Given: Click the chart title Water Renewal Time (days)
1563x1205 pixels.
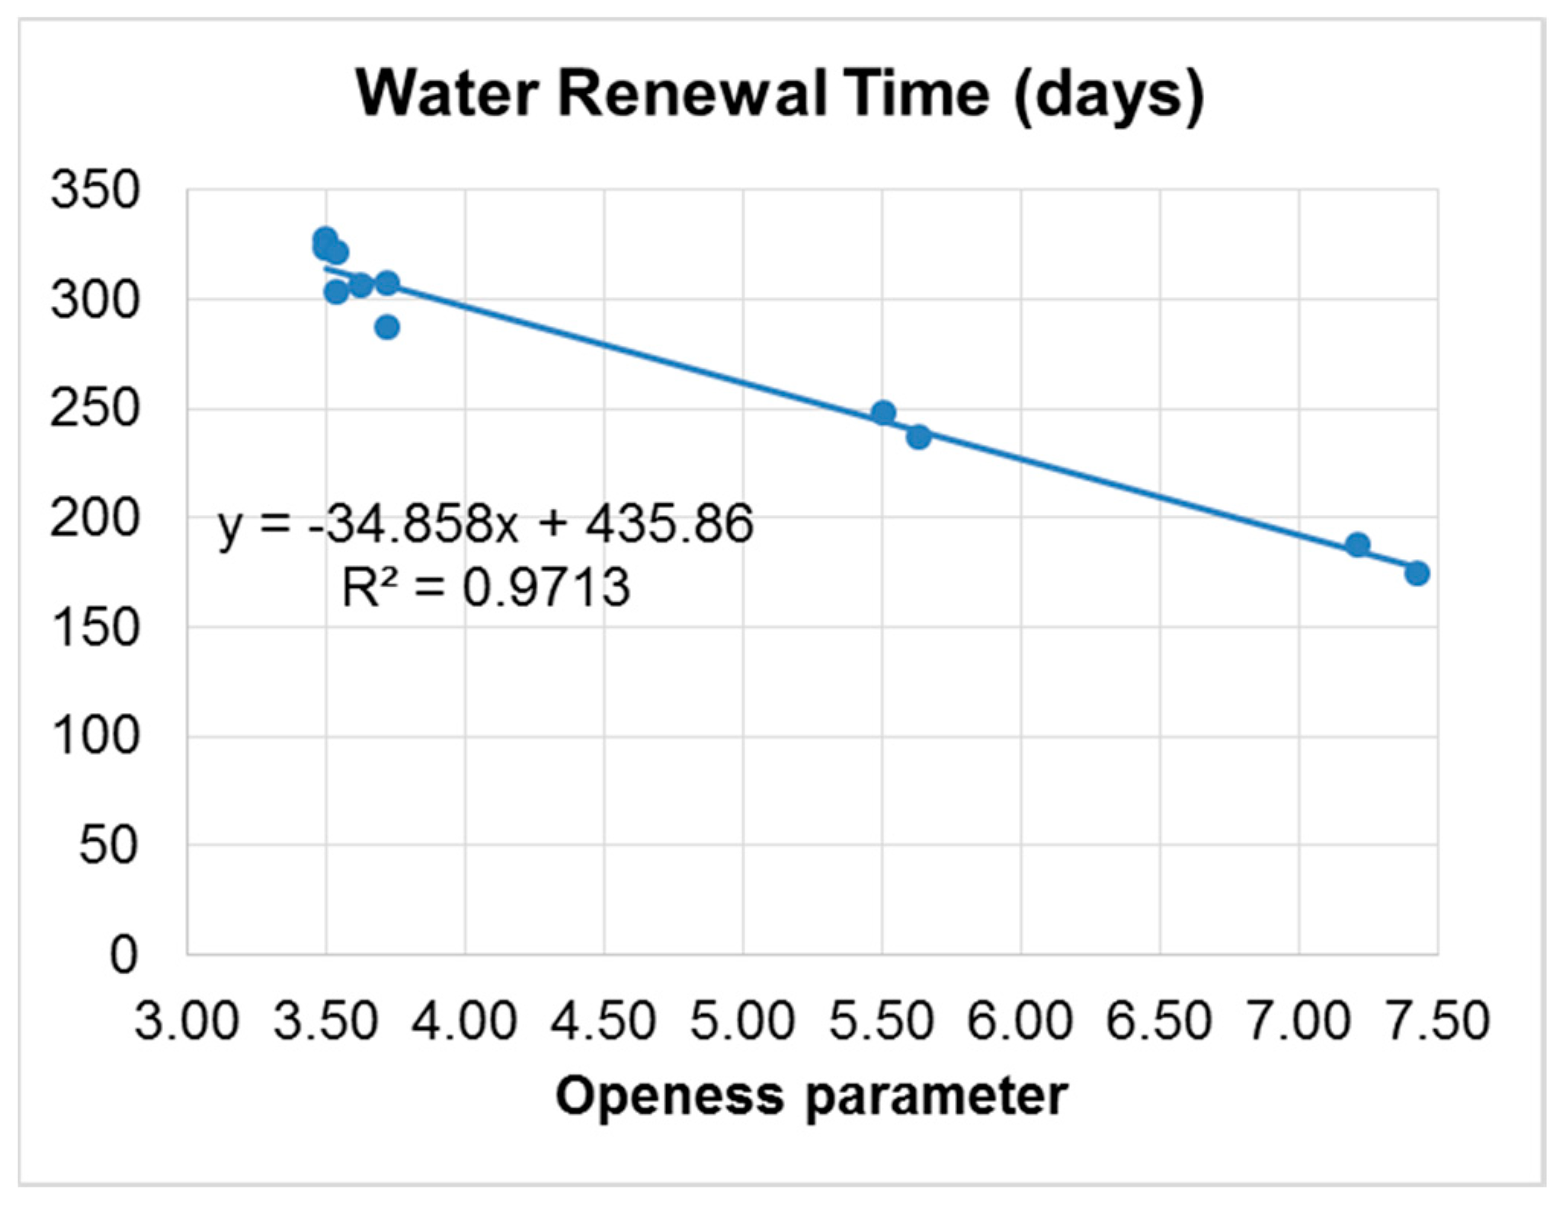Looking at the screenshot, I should pyautogui.click(x=780, y=94).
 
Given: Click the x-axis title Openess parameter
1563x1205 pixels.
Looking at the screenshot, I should pyautogui.click(x=811, y=1097).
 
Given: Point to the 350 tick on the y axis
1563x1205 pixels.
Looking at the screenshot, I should pyautogui.click(x=95, y=190).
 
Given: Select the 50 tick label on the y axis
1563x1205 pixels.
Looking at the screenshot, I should pyautogui.click(x=109, y=845).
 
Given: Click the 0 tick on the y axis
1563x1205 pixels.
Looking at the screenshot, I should pyautogui.click(x=123, y=954).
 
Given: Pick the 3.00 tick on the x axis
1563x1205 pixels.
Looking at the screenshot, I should pyautogui.click(x=187, y=1021).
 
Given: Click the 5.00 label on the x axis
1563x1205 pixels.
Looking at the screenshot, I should pyautogui.click(x=742, y=1021).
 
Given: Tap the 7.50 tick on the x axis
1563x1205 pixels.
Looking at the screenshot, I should pyautogui.click(x=1437, y=1021).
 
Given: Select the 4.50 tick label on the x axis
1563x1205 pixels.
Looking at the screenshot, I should pyautogui.click(x=604, y=1021).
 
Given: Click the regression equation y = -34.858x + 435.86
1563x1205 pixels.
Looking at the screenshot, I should pyautogui.click(x=485, y=524).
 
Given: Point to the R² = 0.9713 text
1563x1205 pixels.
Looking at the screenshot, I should pyautogui.click(x=485, y=588).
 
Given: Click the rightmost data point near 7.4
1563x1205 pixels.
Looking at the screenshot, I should pyautogui.click(x=1417, y=573).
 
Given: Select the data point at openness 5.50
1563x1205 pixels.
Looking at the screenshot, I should pyautogui.click(x=883, y=413).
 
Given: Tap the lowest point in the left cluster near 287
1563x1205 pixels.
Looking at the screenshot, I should pyautogui.click(x=387, y=328).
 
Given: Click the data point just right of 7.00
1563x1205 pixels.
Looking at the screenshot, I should pyautogui.click(x=1357, y=545).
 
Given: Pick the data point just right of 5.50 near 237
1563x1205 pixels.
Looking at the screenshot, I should pyautogui.click(x=918, y=437).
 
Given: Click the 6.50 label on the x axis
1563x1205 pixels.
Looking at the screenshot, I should pyautogui.click(x=1159, y=1021).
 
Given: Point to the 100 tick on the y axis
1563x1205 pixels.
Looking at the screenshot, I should pyautogui.click(x=95, y=737).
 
